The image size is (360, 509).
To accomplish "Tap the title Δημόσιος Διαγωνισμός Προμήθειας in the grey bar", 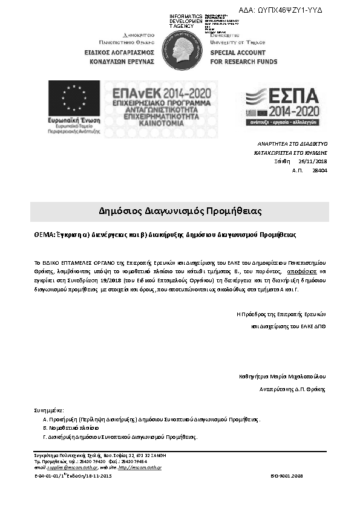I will (180, 212).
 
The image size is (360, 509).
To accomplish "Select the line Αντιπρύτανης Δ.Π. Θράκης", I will (292, 389).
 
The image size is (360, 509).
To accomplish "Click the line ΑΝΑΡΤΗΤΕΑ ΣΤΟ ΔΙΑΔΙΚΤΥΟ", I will (292, 144).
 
